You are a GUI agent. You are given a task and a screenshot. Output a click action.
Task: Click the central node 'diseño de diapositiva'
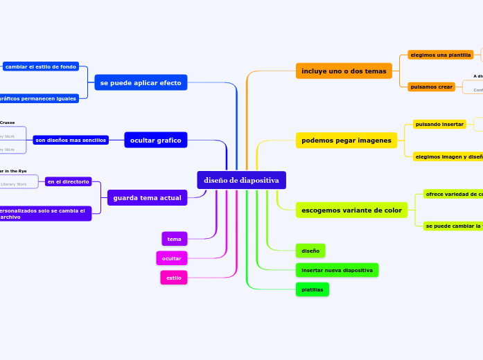(x=241, y=180)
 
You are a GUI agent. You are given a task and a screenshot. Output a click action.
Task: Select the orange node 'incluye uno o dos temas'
(x=344, y=71)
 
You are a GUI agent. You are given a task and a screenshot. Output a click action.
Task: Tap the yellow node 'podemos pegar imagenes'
(x=346, y=141)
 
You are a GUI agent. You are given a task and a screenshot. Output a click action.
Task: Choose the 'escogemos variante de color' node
(x=351, y=210)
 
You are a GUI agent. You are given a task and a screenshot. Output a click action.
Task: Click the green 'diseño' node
(x=310, y=251)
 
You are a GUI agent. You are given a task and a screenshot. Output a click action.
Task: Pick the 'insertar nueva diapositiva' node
(x=337, y=269)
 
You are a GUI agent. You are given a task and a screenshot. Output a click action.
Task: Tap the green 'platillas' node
(x=312, y=289)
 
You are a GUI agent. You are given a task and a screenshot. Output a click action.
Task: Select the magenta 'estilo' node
(x=174, y=278)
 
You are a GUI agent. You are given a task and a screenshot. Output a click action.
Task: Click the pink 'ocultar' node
(x=171, y=258)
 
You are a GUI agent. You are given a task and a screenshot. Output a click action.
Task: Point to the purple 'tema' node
(x=174, y=239)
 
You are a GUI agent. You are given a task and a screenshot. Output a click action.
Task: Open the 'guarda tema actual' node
(x=147, y=198)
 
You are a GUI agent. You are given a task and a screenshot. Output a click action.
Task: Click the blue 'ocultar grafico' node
(x=155, y=141)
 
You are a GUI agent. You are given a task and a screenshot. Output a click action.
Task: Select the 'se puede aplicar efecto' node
(x=141, y=82)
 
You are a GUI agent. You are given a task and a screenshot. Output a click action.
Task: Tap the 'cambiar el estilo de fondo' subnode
(x=41, y=66)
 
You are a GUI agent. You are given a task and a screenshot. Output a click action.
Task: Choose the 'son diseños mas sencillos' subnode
(x=70, y=140)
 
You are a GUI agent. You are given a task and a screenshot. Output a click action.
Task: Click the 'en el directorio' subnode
(x=68, y=181)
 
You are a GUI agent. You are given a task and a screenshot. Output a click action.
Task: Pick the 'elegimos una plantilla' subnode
(x=440, y=55)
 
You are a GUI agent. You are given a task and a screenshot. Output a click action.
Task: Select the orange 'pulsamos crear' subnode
(x=431, y=87)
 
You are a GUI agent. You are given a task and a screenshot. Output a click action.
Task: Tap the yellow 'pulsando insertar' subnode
(x=439, y=124)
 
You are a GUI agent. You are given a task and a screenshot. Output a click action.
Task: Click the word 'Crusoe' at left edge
(x=7, y=123)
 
